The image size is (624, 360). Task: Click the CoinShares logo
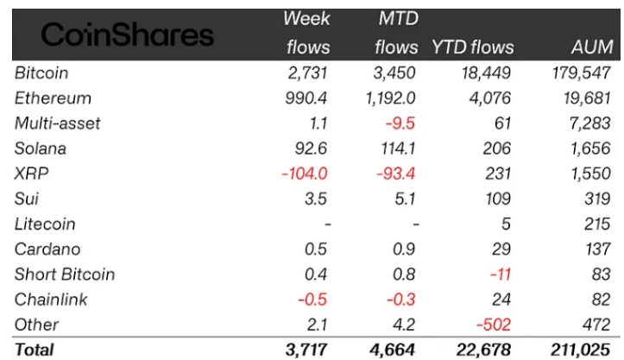(128, 35)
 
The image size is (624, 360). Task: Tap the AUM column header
(592, 47)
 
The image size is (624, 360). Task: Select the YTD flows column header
(473, 47)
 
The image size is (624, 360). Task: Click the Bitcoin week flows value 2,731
(307, 73)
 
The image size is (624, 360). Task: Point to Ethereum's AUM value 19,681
(587, 98)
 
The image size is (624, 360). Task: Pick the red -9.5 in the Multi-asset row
(400, 123)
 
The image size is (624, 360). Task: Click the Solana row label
(41, 148)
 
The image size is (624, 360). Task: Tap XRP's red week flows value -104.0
(305, 174)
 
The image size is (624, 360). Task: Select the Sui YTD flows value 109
(498, 199)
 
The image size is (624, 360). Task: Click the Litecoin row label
(45, 224)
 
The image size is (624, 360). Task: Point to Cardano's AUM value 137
(598, 249)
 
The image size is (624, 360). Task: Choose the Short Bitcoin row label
(65, 275)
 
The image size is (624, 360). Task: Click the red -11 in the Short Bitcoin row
(501, 275)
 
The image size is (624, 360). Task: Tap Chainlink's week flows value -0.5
(312, 300)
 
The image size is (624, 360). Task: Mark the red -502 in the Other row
(494, 325)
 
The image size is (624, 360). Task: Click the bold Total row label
(35, 350)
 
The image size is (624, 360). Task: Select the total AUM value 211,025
(580, 350)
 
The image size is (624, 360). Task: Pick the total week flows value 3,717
(306, 350)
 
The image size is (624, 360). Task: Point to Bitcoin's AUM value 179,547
(582, 73)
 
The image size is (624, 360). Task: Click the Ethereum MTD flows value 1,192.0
(390, 98)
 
